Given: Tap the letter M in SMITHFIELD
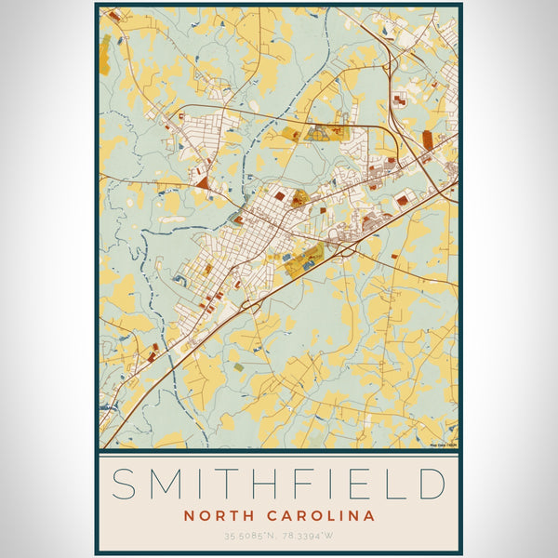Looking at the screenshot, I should point(169,485).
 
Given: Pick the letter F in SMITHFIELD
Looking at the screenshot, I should point(314,485).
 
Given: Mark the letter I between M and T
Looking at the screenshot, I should point(206,485).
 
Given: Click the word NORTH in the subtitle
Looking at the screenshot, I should point(215,515).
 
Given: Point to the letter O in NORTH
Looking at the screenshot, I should point(202,515).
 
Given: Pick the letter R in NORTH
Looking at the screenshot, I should point(216,515).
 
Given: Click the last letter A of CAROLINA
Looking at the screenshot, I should point(369,515).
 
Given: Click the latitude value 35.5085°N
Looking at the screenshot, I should point(248,536).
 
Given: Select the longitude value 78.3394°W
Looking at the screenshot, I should point(309,536).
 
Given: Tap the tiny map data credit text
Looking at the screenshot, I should point(443,445).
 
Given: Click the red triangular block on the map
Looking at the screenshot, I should point(203,183).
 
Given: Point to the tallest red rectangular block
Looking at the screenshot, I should point(427,139).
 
